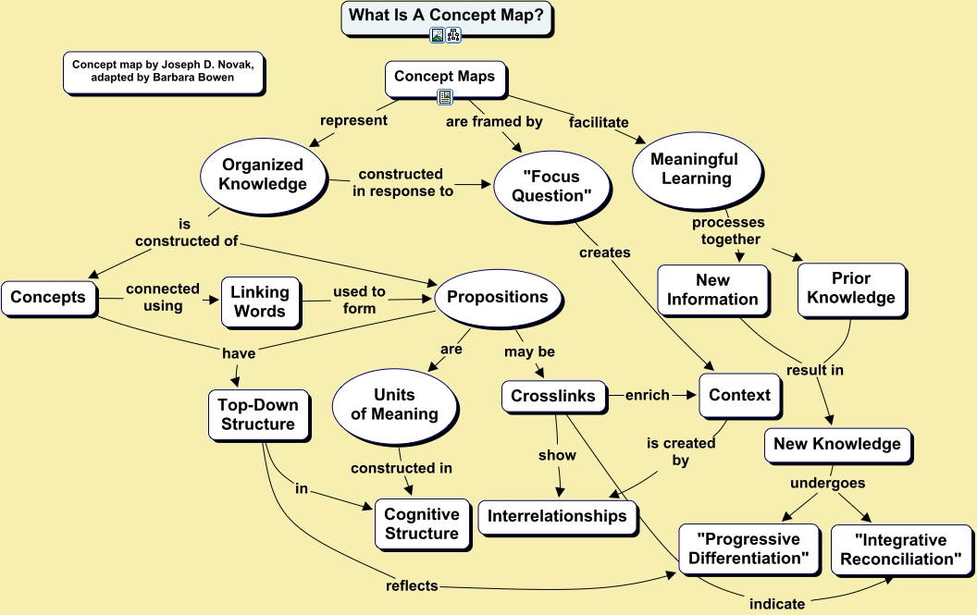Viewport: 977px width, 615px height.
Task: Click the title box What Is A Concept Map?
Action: (446, 17)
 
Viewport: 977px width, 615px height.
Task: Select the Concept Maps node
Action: (445, 77)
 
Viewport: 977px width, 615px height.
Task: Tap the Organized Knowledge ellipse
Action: (264, 175)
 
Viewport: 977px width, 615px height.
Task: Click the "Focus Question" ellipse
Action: (550, 186)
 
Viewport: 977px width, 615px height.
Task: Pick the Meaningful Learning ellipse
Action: (695, 168)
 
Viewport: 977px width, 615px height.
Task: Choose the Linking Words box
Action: (260, 301)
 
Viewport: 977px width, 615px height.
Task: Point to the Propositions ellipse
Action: (497, 297)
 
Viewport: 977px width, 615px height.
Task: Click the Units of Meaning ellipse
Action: (394, 404)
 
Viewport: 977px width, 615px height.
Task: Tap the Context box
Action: (739, 395)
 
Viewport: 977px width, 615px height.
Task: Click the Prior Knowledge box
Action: (850, 288)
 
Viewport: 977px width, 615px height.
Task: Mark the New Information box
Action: (712, 289)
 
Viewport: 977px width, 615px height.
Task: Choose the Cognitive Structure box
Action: (421, 523)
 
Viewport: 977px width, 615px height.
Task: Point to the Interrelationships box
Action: (557, 516)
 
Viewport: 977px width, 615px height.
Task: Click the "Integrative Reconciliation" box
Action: (901, 549)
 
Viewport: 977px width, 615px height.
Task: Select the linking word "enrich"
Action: (648, 395)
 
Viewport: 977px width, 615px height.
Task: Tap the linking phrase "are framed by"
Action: (494, 121)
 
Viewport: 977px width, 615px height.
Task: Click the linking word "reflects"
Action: (413, 585)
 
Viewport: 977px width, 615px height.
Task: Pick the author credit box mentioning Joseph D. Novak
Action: (163, 71)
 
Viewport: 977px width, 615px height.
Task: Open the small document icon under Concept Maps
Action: (445, 96)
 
